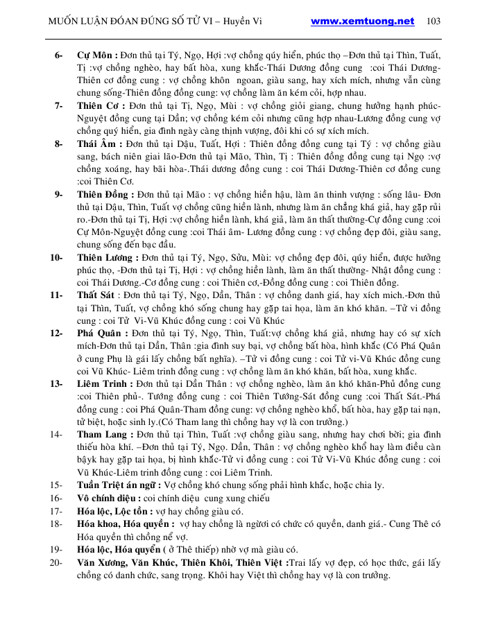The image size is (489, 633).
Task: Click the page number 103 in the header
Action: click(x=433, y=21)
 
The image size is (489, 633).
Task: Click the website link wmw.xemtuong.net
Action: click(x=363, y=21)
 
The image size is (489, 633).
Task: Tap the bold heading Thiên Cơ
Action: click(x=100, y=105)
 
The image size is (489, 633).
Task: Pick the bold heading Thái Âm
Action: click(x=98, y=144)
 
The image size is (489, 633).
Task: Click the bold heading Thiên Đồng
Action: click(x=104, y=195)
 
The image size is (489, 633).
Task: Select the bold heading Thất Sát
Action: click(x=98, y=295)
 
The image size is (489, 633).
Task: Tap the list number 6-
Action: click(x=59, y=54)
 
